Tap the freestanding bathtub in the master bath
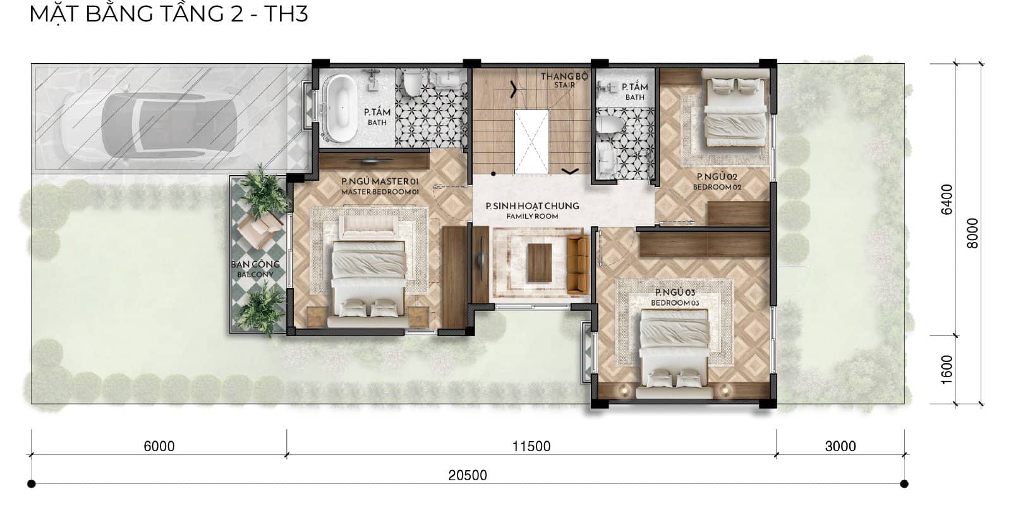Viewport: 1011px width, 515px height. click(341, 106)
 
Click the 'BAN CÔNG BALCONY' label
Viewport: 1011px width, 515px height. click(255, 269)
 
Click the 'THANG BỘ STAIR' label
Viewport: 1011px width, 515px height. click(564, 80)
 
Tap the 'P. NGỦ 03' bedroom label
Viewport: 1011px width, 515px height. click(675, 297)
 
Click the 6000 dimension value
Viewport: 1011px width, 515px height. click(159, 446)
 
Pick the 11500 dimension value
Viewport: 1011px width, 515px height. click(531, 446)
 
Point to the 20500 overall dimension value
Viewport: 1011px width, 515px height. click(468, 475)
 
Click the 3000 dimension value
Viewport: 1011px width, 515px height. click(840, 446)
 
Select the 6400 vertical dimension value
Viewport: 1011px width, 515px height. click(946, 200)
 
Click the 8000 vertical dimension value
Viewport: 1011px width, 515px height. click(972, 233)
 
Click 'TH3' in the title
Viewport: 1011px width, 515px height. click(285, 13)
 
